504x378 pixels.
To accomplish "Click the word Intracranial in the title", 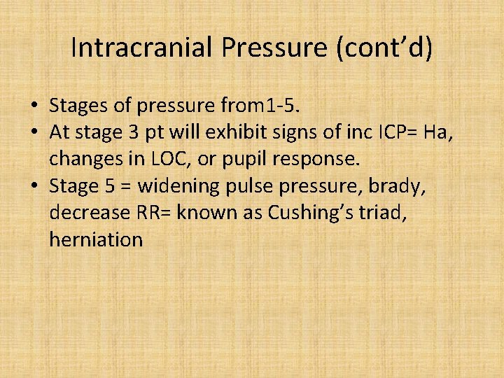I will pos(142,48).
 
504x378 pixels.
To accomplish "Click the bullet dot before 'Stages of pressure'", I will pos(34,106).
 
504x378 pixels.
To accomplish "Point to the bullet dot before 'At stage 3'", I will pos(34,133).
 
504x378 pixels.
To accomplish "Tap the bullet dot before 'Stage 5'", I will pos(34,186).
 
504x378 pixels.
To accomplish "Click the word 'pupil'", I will pos(244,160).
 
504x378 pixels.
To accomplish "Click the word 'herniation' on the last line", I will pos(96,239).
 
